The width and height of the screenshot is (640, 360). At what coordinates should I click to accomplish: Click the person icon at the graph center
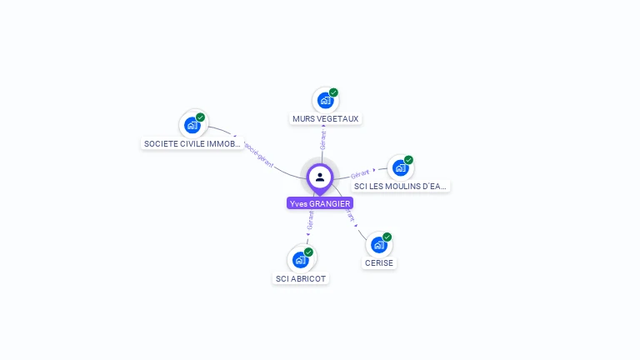[320, 177]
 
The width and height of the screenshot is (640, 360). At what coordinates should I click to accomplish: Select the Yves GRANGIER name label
[320, 203]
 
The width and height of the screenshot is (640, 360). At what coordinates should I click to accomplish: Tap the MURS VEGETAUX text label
[325, 118]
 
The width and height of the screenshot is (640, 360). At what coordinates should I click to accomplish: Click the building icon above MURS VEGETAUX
[325, 100]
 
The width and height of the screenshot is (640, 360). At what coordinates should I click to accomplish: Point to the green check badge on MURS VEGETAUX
[333, 92]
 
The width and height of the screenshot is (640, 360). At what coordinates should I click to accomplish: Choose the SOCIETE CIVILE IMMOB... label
[192, 143]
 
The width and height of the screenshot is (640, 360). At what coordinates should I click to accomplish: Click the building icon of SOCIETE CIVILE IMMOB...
[192, 125]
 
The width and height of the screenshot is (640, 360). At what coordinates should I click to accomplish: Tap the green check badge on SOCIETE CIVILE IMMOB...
[201, 117]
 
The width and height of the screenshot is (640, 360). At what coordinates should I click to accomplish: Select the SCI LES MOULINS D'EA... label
[400, 186]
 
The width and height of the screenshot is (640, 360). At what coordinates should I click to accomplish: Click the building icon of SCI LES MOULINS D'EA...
[401, 167]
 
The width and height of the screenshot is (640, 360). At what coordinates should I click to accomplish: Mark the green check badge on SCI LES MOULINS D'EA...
[408, 160]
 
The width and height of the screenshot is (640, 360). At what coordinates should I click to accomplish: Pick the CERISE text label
[379, 262]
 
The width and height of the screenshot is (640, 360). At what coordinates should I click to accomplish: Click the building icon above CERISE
[379, 245]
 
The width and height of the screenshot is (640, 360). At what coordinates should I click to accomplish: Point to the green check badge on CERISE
[387, 237]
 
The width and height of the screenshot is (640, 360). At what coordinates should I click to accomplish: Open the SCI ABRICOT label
[301, 278]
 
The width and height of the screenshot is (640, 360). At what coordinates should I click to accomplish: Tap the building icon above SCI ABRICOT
[300, 260]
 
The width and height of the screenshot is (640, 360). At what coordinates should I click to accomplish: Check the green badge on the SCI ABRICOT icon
[308, 252]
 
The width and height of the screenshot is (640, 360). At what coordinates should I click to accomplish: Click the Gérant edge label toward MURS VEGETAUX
[323, 140]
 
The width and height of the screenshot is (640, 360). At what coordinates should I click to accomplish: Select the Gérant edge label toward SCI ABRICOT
[311, 220]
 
